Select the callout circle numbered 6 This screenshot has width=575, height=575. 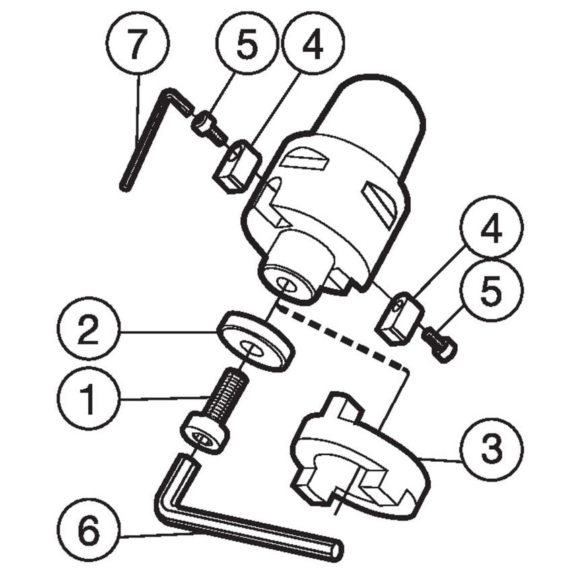coord(88,533)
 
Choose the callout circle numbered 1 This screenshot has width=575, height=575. coord(88,400)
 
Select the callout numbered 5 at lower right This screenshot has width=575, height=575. coord(491,292)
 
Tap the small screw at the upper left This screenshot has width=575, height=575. coord(208,127)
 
